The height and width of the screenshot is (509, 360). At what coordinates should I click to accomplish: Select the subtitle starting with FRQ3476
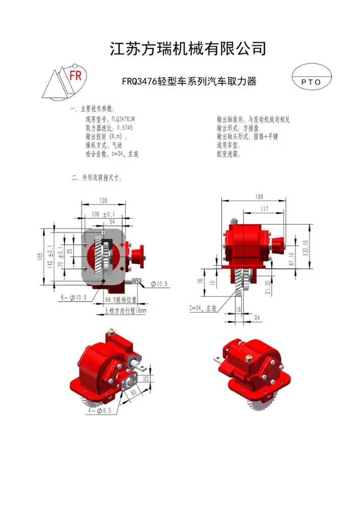(x=188, y=81)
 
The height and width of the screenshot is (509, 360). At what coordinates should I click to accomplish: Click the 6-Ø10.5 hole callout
(x=75, y=297)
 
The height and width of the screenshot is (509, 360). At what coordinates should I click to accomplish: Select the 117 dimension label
(x=264, y=209)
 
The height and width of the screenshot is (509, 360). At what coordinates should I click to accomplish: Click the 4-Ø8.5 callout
(x=96, y=410)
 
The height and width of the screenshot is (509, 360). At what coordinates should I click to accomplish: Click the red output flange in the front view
(x=137, y=256)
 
